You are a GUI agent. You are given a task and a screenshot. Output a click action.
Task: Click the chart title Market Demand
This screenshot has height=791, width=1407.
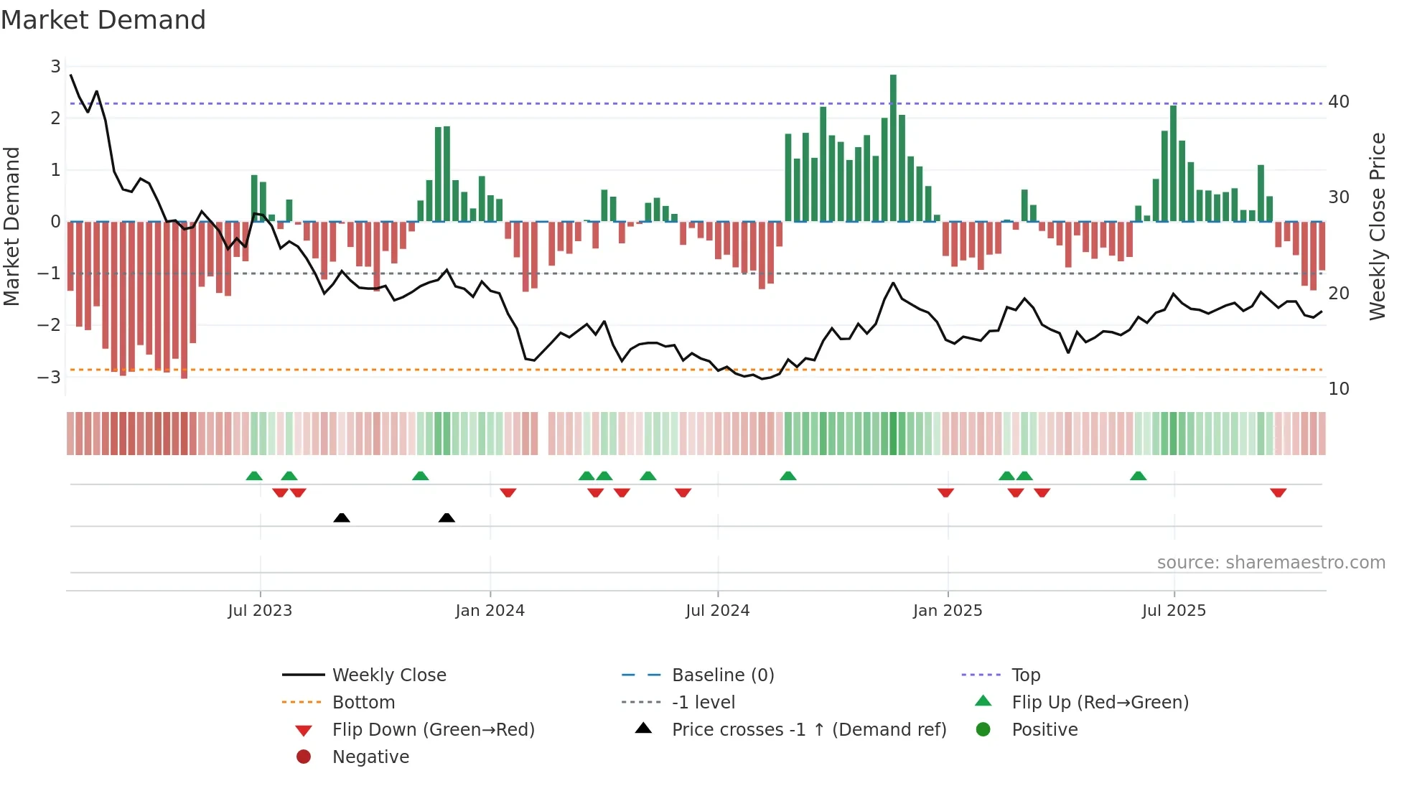tap(103, 20)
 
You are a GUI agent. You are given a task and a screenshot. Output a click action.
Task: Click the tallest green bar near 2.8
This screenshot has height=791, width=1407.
tap(893, 147)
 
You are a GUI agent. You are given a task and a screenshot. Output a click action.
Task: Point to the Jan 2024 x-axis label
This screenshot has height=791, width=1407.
tap(490, 611)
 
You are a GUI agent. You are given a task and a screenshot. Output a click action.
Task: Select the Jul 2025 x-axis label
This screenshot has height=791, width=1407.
tap(1174, 611)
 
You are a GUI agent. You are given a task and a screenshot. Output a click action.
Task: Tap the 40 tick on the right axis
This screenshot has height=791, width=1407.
tap(1338, 102)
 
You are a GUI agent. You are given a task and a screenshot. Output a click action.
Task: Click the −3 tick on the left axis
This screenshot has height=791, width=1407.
tap(50, 377)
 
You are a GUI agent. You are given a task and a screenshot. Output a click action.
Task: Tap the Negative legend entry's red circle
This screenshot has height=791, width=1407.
tap(304, 757)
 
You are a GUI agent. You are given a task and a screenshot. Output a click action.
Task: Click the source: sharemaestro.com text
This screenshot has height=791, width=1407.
tap(1271, 563)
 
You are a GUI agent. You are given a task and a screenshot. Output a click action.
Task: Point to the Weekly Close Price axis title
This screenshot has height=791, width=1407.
tap(1377, 226)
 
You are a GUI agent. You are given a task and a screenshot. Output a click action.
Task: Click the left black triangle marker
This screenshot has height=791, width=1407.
tap(342, 518)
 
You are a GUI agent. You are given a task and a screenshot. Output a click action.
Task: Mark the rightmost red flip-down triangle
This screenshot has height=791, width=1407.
tap(1278, 492)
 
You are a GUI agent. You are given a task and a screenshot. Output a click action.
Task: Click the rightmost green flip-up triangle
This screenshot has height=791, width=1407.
tap(1138, 476)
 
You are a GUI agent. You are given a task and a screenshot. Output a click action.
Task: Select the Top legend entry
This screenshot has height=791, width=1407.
tap(1025, 675)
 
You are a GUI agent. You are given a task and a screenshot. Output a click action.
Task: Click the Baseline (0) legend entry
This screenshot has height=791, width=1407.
tap(722, 675)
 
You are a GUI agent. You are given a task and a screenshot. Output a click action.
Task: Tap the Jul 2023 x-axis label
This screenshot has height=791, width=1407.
tap(260, 611)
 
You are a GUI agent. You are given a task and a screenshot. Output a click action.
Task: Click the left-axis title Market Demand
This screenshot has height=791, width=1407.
tap(12, 226)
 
